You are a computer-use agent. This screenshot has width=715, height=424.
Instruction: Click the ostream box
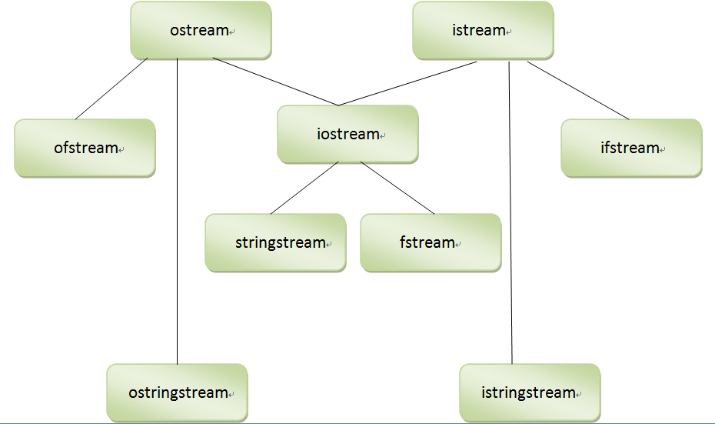pos(200,31)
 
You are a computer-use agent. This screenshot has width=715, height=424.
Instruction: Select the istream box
pos(482,31)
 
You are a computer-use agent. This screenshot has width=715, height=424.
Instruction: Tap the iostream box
pos(348,134)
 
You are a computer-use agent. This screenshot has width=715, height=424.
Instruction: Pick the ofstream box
pos(85,148)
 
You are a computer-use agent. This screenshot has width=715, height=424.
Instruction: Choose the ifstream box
pos(630,148)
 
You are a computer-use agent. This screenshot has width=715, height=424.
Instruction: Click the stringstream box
pos(275,242)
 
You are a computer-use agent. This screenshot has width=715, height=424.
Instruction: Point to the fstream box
pos(430,242)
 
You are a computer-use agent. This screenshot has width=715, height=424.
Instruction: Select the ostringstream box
pos(177,392)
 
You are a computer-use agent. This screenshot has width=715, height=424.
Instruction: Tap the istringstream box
pos(529,392)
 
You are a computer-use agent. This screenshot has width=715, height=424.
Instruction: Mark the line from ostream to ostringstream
pos(178,215)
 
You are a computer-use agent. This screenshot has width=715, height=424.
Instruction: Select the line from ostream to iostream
pos(275,82)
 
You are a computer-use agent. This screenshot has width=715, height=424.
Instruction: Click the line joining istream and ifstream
pos(578,91)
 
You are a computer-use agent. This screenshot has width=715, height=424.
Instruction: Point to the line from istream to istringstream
pos(510,215)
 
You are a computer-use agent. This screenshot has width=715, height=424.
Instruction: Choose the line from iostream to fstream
pos(397,188)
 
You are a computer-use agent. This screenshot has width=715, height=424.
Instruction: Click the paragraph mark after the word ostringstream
pos(231,395)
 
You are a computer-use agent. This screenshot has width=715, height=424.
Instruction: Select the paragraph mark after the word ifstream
pos(663,150)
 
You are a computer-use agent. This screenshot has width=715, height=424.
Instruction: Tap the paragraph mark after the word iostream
pos(383,136)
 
